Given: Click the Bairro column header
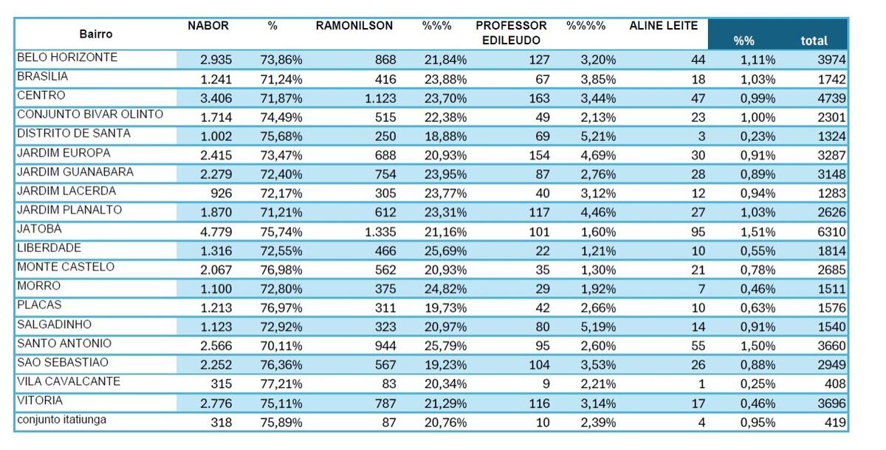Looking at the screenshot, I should (x=95, y=34).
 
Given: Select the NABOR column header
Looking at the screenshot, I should (x=208, y=26).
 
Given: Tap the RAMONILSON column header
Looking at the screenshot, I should (x=354, y=26).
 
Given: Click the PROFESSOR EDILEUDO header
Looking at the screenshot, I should (x=511, y=33).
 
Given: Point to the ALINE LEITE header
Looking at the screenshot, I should (x=663, y=26).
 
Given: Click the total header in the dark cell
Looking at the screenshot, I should (x=814, y=41).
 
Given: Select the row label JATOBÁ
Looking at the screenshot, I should (x=39, y=230).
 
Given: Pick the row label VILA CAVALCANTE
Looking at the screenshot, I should (x=68, y=382).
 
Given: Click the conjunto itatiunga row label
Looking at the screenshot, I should (x=61, y=420).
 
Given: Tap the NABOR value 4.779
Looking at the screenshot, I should (x=216, y=232).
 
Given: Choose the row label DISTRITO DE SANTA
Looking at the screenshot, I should (x=73, y=134).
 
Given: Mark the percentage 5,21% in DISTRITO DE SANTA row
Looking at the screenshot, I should (x=598, y=137).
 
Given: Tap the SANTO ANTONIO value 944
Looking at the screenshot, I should (x=383, y=346).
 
